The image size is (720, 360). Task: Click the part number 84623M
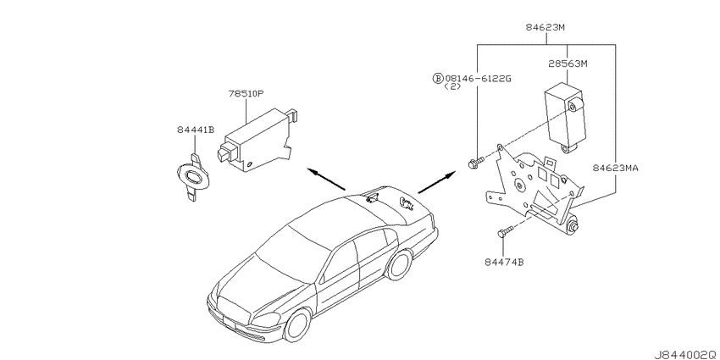(x=545, y=28)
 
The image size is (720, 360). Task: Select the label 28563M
(x=568, y=64)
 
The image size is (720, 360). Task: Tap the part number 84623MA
(x=615, y=168)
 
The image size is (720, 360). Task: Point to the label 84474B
(x=504, y=263)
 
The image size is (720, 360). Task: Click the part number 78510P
(x=246, y=94)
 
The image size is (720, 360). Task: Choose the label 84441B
(x=195, y=130)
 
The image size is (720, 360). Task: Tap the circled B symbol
(x=438, y=79)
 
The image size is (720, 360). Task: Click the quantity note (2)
(x=452, y=86)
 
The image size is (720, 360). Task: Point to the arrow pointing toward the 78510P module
(x=326, y=179)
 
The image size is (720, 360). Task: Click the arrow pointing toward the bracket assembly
(x=437, y=182)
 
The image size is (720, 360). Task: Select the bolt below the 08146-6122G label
(x=475, y=162)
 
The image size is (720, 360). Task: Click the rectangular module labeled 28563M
(x=565, y=116)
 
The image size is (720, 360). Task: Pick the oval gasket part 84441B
(x=193, y=177)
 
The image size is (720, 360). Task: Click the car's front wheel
(x=297, y=324)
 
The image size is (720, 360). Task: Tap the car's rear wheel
(x=399, y=264)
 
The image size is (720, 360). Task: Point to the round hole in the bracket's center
(x=520, y=185)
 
